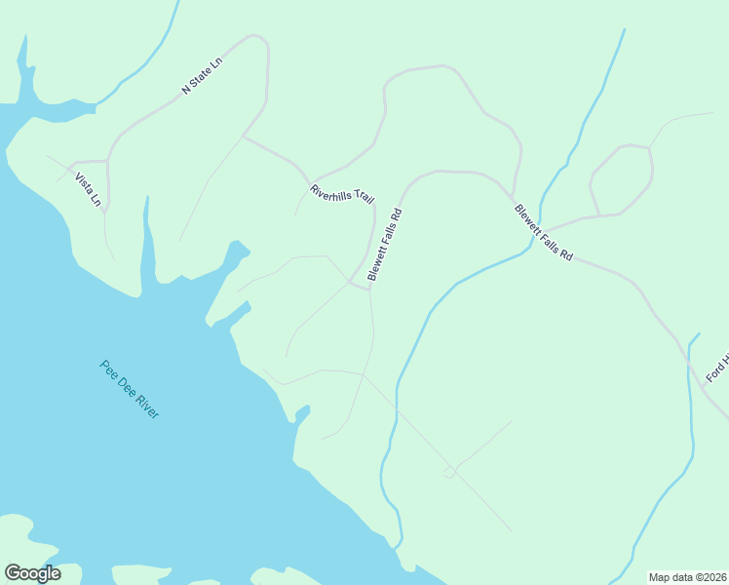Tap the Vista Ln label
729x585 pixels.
(89, 189)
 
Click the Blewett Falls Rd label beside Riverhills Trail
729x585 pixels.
(384, 244)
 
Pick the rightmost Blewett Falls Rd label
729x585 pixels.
(543, 231)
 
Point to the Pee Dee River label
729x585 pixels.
(129, 389)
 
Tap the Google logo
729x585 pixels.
(32, 573)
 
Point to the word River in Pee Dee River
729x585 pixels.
(145, 406)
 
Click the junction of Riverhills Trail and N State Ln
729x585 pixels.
(242, 136)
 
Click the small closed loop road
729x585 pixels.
(621, 180)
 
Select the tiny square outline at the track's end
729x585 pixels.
(448, 473)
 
